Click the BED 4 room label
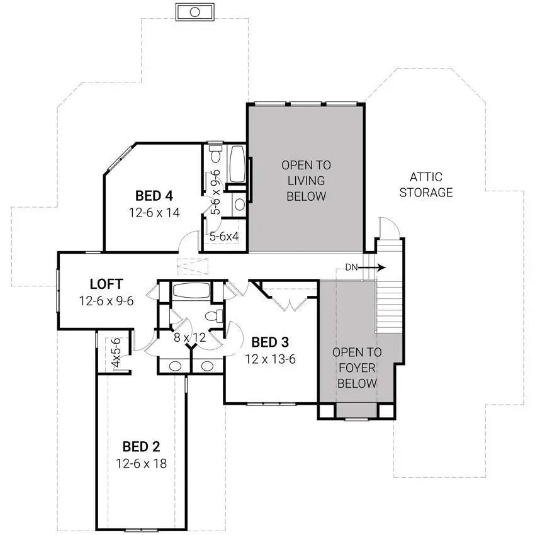pos(154,194)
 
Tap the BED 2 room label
pos(141,447)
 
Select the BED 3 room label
pos(270,342)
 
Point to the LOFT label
pos(106,284)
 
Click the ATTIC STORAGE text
pos(426,185)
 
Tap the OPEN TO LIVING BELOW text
pos(306,181)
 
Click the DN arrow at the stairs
pos(372,267)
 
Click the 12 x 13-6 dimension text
pos(270,359)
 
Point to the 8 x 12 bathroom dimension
pos(189,337)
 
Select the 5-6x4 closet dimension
pos(223,237)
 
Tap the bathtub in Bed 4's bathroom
pos(237,164)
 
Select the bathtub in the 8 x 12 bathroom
pos(191,291)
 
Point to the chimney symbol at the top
pos(195,12)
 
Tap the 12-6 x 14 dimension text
pos(154,212)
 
